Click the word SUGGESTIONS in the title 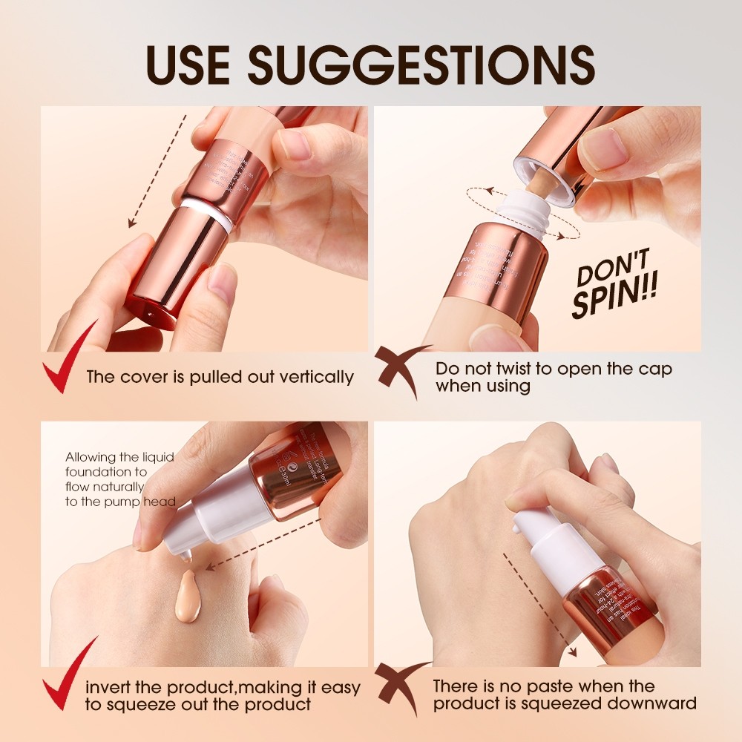(x=421, y=65)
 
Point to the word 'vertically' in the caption (x=316, y=377)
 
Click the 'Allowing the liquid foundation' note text (x=119, y=479)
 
